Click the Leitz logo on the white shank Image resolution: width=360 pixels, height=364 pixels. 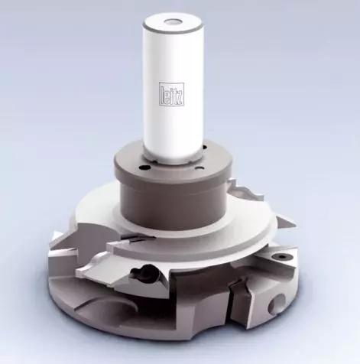click(171, 93)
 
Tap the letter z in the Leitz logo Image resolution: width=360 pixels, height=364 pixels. click(179, 97)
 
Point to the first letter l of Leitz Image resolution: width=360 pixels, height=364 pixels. click(162, 94)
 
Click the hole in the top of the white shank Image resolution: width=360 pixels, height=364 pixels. click(171, 21)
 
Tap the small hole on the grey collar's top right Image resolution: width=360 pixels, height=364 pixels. click(199, 168)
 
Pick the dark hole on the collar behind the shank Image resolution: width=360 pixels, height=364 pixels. click(204, 147)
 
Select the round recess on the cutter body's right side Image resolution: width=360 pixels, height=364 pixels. click(277, 304)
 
